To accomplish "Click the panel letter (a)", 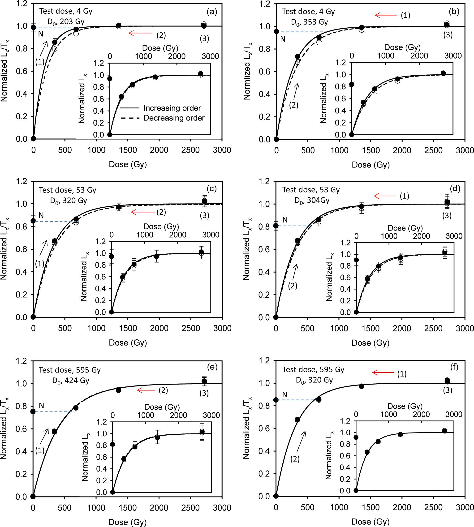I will click(211, 12).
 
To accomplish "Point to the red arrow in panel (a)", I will click(140, 33).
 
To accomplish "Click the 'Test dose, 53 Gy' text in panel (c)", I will click(67, 190).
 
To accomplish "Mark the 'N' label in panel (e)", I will click(41, 406).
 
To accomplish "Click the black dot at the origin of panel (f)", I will click(276, 496).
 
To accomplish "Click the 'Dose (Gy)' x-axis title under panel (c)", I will click(128, 343).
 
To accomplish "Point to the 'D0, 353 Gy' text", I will click(309, 22).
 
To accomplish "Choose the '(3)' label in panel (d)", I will click(447, 215).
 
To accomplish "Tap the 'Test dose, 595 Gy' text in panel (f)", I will click(313, 369).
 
